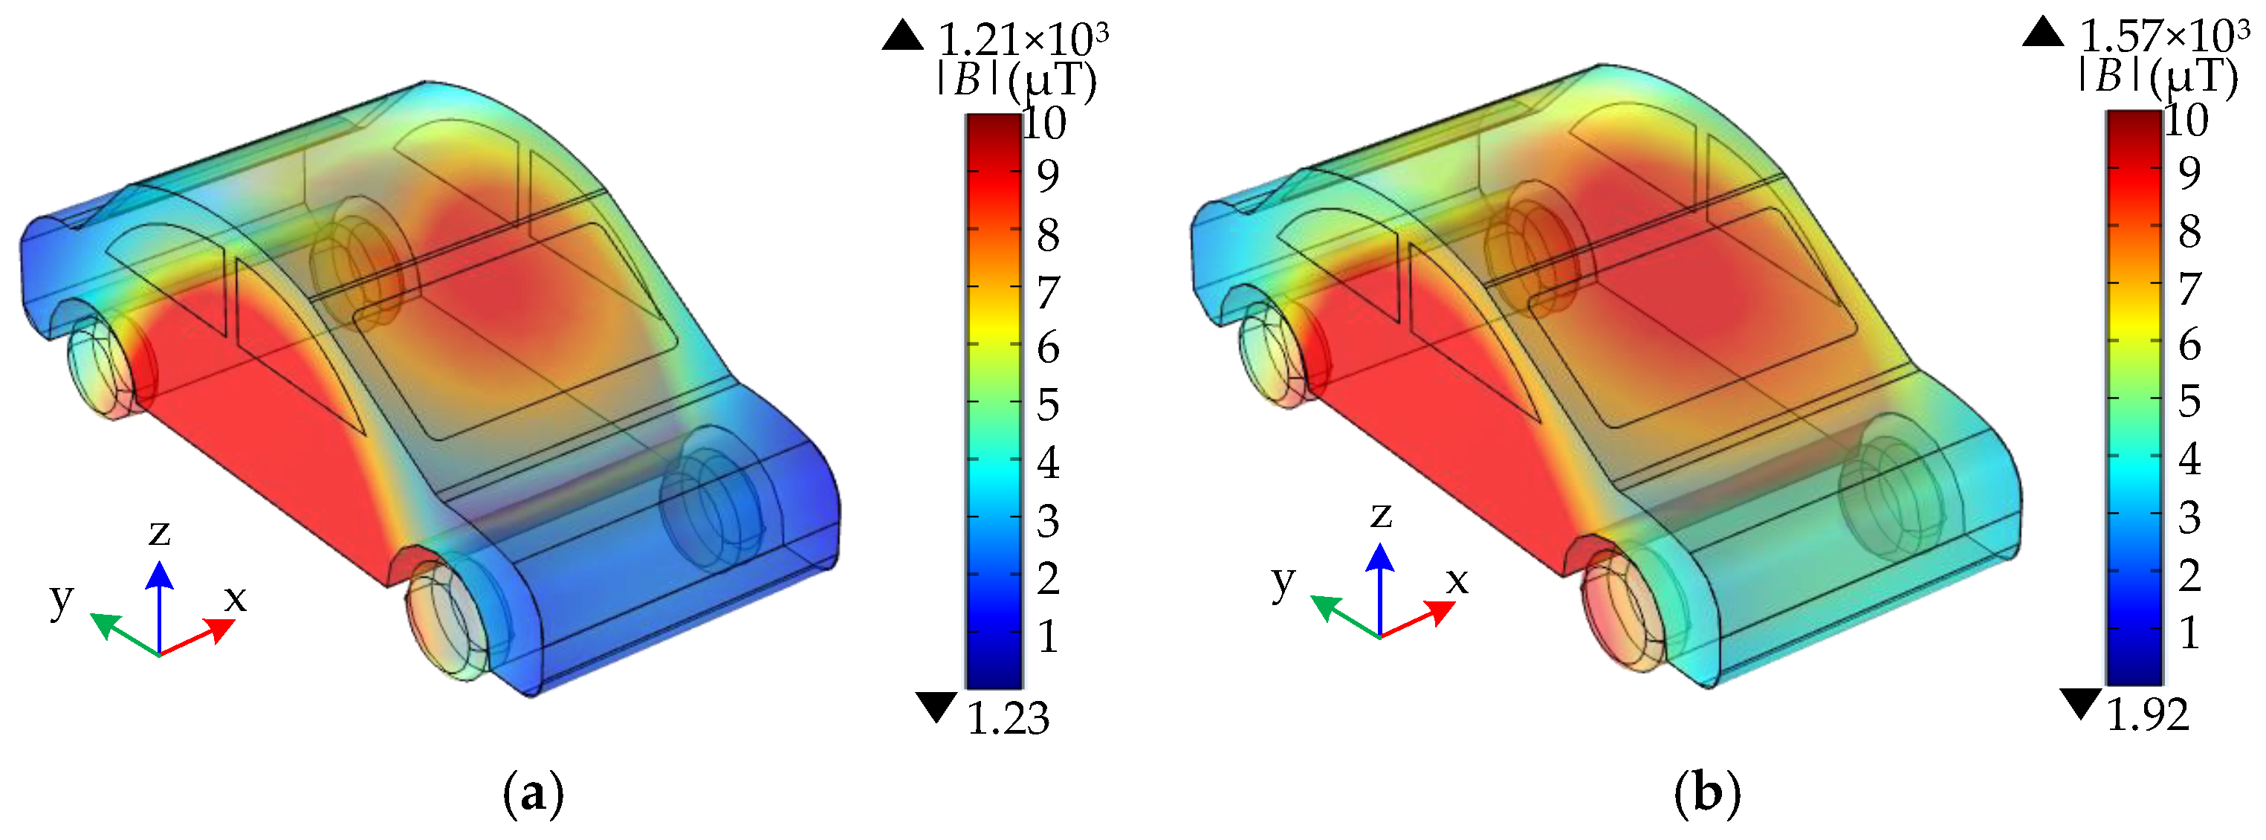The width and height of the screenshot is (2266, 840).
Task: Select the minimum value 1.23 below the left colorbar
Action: pyautogui.click(x=1008, y=719)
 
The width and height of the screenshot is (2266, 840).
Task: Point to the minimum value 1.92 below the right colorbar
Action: pyautogui.click(x=2148, y=714)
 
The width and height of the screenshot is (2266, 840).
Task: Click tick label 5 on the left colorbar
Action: pyautogui.click(x=1048, y=405)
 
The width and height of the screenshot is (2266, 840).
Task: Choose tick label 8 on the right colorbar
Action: pyautogui.click(x=2189, y=231)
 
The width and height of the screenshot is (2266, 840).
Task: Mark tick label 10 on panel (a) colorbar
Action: pyautogui.click(x=1045, y=123)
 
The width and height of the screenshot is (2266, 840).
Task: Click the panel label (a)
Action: pyautogui.click(x=533, y=794)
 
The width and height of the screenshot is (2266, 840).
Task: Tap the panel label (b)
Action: pyautogui.click(x=1707, y=794)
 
